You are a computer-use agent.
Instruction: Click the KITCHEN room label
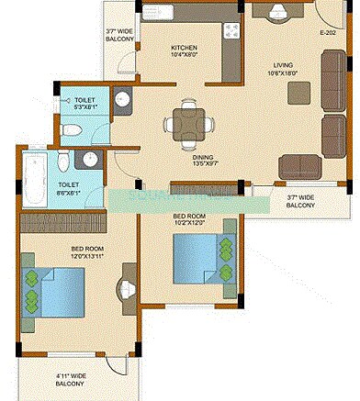pyautogui.click(x=185, y=48)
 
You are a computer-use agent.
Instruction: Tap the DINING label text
pyautogui.click(x=203, y=157)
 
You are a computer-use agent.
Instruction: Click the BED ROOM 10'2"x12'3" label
pyautogui.click(x=191, y=219)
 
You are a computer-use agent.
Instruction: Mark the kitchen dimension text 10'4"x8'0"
pyautogui.click(x=185, y=55)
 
